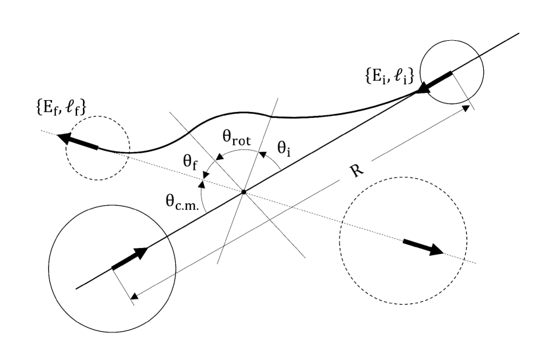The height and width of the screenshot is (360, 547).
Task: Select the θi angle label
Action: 284,151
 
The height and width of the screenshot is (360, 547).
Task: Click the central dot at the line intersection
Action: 244,192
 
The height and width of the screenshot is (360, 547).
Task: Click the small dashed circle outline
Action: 97,179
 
